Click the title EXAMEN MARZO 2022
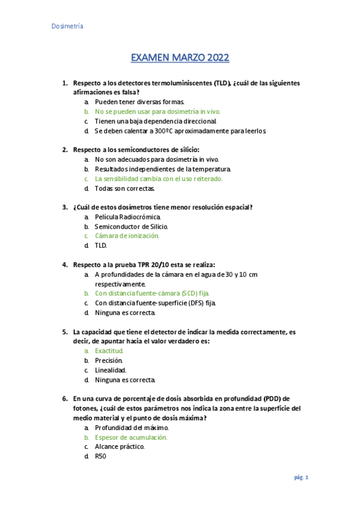[180, 58]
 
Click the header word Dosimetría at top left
[66, 26]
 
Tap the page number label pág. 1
[301, 478]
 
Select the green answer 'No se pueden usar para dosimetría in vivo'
[157, 111]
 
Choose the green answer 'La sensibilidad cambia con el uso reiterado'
[159, 179]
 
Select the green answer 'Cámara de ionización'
[127, 236]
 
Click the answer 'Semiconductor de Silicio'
[131, 226]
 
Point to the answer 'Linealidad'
[111, 370]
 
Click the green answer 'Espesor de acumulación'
[131, 437]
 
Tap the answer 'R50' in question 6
[100, 456]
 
